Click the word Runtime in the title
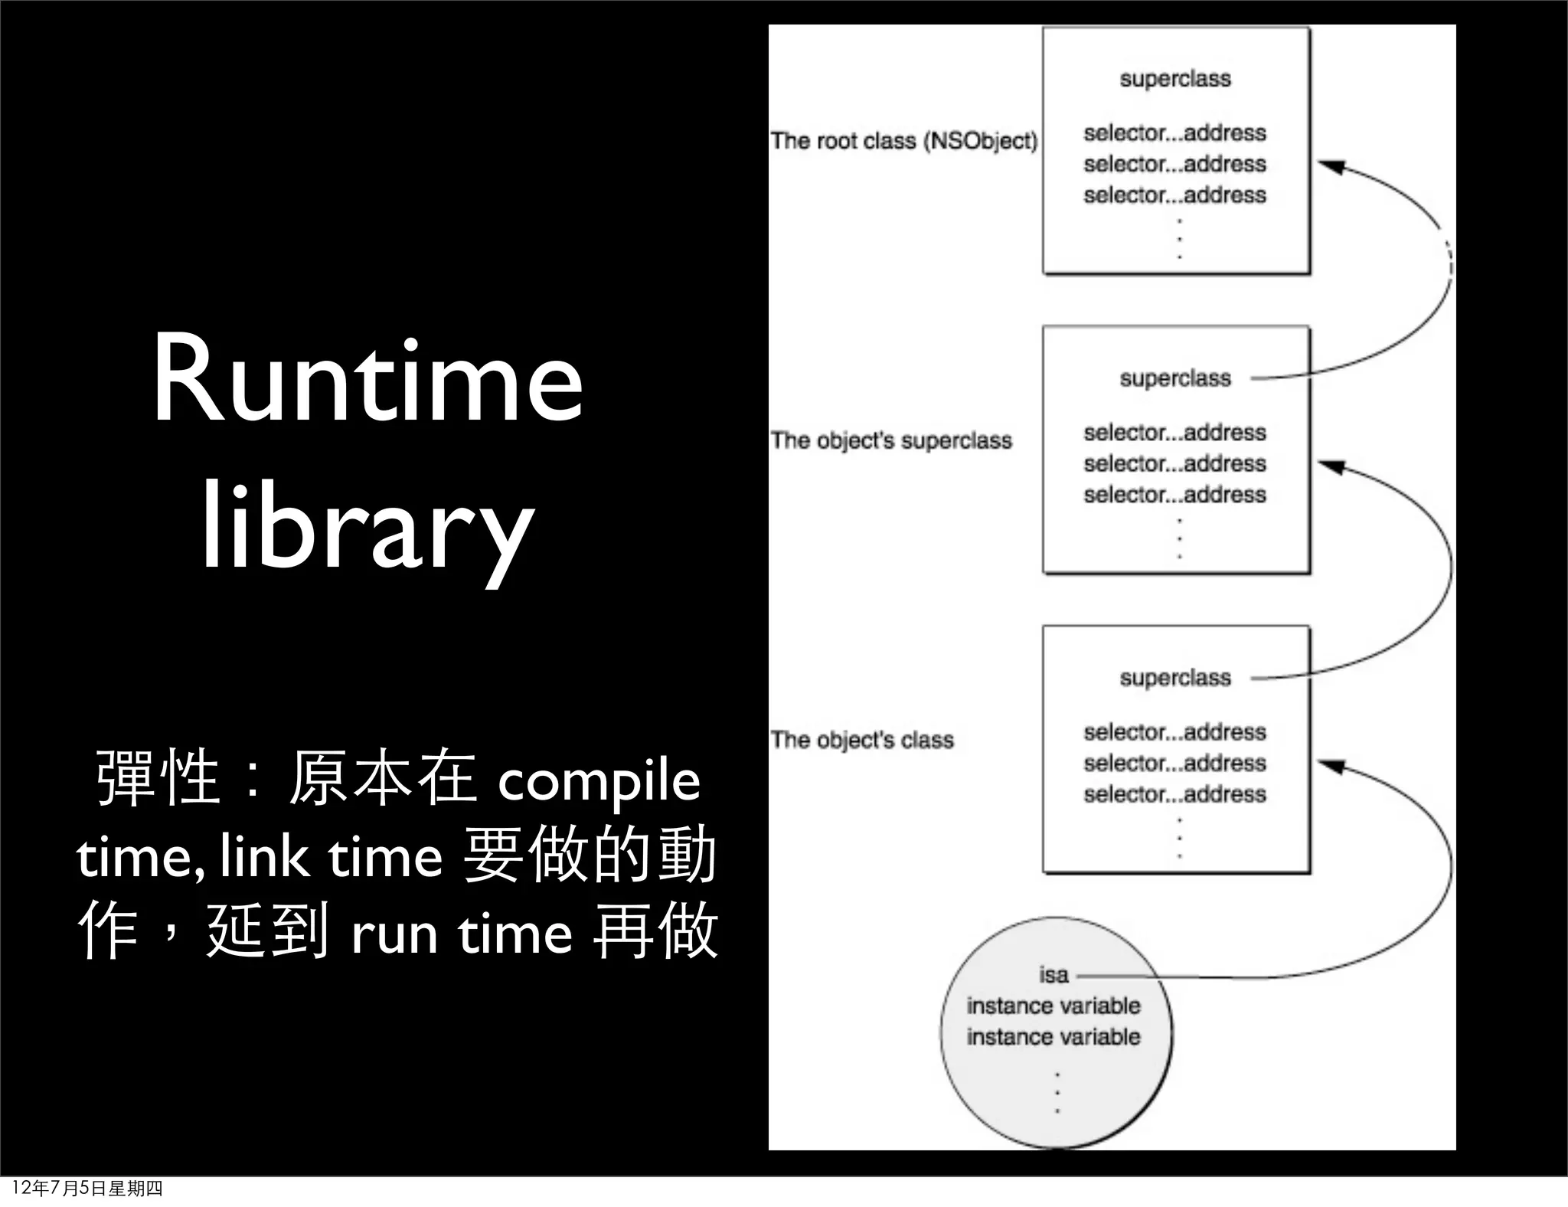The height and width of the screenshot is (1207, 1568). [367, 381]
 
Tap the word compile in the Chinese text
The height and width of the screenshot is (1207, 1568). [599, 781]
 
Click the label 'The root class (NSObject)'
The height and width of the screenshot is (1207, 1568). [903, 141]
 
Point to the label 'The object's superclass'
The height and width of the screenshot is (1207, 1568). [891, 440]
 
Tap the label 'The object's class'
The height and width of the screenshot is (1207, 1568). [862, 740]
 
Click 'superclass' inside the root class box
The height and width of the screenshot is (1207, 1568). [1175, 79]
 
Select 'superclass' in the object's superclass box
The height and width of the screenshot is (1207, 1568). [1175, 378]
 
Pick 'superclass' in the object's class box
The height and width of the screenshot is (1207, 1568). [1175, 678]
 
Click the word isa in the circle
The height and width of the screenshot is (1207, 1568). [1053, 975]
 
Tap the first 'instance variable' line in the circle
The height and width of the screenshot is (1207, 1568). [1053, 1006]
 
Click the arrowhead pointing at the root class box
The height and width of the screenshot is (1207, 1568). [1331, 166]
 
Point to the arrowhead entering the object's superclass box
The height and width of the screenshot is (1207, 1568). [1331, 466]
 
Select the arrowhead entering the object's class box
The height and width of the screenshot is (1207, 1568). [1331, 765]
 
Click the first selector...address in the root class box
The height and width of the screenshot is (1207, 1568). [1174, 133]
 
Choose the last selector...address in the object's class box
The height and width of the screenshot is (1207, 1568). [1174, 794]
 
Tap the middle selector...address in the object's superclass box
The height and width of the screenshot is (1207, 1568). [1174, 464]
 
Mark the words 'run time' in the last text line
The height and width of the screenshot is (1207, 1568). [462, 934]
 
